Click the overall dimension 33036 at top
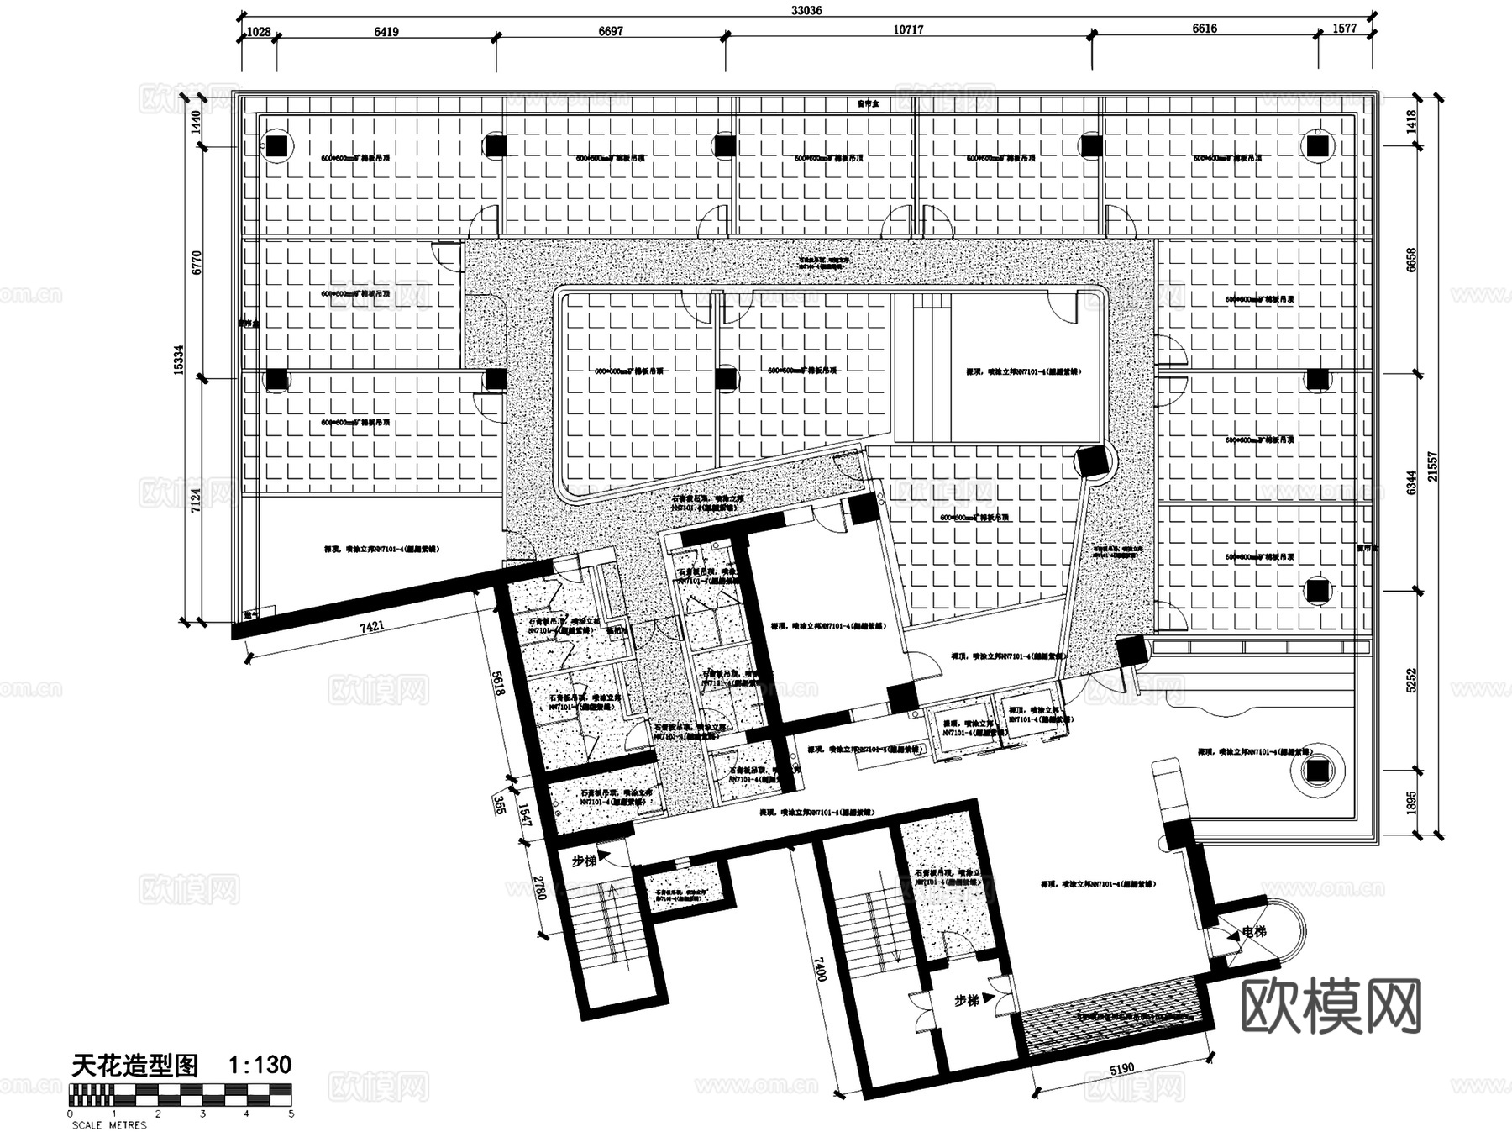(x=806, y=10)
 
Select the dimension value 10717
(x=908, y=29)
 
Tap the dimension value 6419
(x=386, y=32)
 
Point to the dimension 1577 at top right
(x=1345, y=28)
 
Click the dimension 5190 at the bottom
(x=1121, y=1069)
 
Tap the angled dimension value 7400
(x=821, y=967)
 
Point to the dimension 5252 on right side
(x=1411, y=680)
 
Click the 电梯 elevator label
(x=1253, y=931)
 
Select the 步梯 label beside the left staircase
(x=584, y=861)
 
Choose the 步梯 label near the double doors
(x=966, y=1001)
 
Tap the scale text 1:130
(x=260, y=1065)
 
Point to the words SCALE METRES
(x=108, y=1124)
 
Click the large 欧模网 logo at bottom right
(x=1331, y=1005)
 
